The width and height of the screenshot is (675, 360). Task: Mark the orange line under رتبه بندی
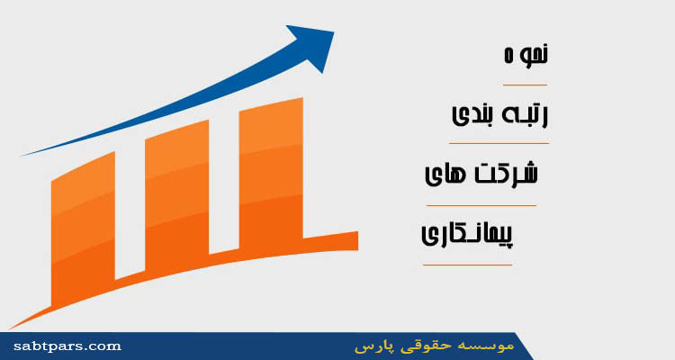coord(499,143)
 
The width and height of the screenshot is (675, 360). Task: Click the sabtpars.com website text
coord(67,346)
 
